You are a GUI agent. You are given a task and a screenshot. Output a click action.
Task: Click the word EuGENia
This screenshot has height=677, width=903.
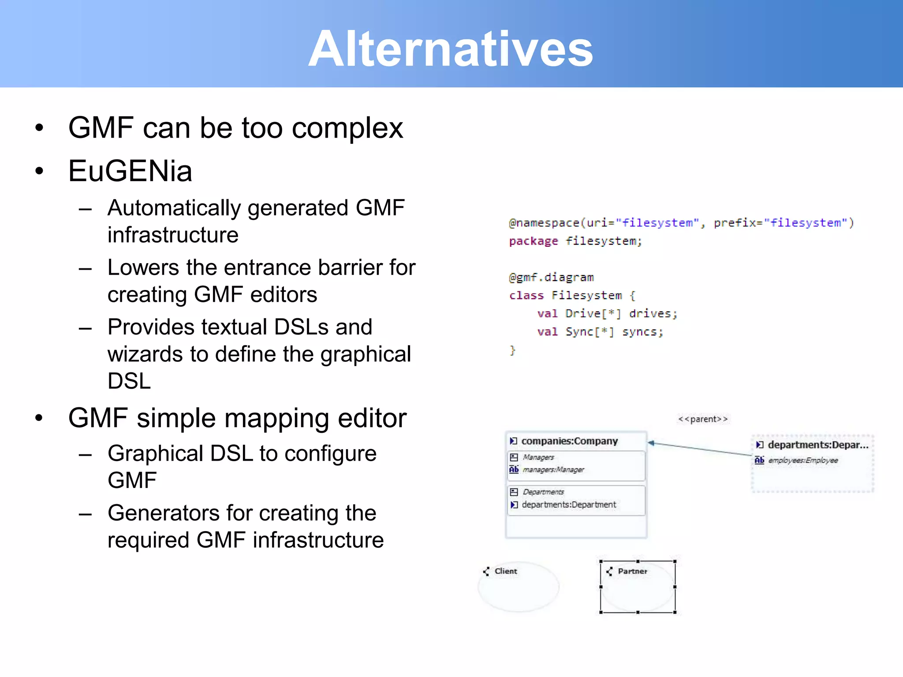(x=130, y=171)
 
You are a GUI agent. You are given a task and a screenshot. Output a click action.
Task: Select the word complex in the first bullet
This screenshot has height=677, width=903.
(x=347, y=128)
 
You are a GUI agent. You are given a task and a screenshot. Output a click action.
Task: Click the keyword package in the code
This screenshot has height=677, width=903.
(x=533, y=241)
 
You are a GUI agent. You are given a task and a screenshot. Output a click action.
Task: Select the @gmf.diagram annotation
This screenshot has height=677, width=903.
(x=551, y=277)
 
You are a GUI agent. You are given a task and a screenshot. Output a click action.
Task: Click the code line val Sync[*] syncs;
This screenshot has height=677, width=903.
(x=600, y=331)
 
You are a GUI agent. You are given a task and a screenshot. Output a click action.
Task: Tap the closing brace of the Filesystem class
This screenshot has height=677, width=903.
(x=512, y=350)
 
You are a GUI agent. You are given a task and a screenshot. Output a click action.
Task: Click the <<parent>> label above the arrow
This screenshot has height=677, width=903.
(x=703, y=419)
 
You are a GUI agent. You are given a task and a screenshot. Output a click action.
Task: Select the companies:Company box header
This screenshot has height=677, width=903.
(x=569, y=441)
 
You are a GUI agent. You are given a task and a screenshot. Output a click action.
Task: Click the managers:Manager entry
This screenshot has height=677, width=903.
(x=553, y=470)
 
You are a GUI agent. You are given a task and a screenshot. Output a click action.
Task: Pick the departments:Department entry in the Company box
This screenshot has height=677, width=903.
(x=568, y=505)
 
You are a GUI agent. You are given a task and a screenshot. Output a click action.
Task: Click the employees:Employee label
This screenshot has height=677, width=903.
(x=802, y=460)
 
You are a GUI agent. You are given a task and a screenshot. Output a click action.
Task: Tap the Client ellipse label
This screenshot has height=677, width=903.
(x=505, y=571)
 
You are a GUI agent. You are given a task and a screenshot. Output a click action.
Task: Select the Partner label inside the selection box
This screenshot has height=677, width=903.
(x=632, y=571)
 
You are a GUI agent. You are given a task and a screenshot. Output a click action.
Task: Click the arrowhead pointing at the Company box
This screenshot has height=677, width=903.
(x=651, y=443)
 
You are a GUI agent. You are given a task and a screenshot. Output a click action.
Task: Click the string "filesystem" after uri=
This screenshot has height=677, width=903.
(x=657, y=223)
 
